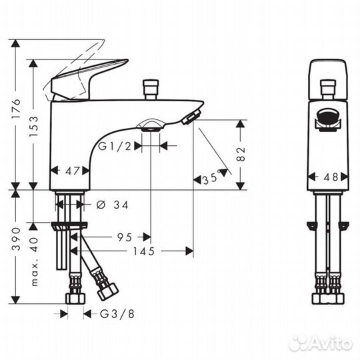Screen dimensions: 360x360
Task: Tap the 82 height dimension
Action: tap(242, 154)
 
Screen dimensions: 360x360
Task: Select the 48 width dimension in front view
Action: tap(329, 177)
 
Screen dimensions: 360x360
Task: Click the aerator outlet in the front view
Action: tap(328, 120)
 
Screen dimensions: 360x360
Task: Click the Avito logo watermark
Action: tap(321, 342)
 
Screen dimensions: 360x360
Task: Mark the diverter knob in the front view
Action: tap(328, 88)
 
